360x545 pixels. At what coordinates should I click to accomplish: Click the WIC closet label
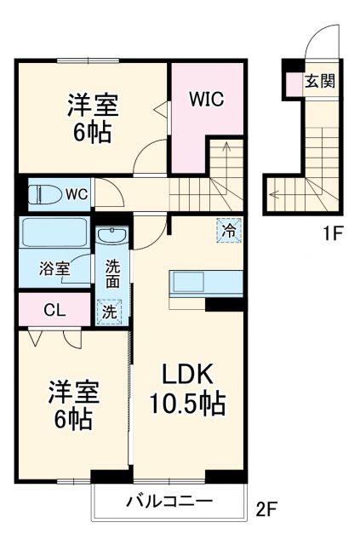pos(206,99)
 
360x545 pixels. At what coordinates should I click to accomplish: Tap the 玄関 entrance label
pos(319,82)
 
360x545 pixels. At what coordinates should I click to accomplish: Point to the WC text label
pos(77,195)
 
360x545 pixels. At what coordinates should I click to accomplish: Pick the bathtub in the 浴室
pos(53,233)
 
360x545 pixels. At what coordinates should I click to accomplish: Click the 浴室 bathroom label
pos(54,269)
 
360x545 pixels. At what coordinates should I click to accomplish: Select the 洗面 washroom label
pos(113,273)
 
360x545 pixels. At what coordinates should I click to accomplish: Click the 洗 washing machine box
pos(109,312)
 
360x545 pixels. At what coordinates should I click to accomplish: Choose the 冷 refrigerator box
pos(228,230)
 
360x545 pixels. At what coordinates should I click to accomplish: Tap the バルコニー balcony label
pos(170,500)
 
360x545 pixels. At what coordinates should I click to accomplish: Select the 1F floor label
pos(333,232)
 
